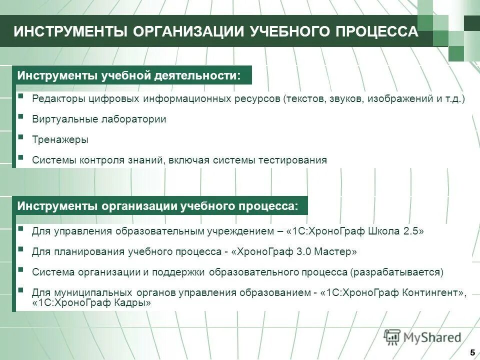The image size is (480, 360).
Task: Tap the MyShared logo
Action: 422,337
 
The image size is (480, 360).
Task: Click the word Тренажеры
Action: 60,140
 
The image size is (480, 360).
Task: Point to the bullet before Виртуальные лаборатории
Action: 20,116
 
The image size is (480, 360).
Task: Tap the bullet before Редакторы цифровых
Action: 20,95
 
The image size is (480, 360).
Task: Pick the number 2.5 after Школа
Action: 409,231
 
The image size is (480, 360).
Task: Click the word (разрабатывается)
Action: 396,272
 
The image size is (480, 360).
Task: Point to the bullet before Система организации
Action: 20,269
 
